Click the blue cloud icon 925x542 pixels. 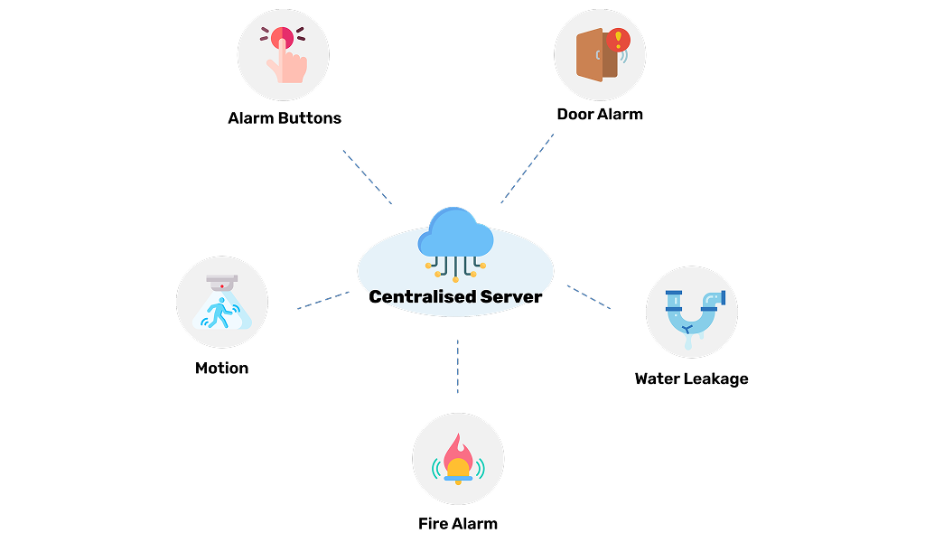coord(455,233)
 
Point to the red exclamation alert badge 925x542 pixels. coord(619,39)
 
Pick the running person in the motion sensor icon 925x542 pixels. coord(218,313)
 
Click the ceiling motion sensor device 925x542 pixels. coord(221,281)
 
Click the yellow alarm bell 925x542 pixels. coord(458,469)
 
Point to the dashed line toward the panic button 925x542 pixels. coord(367,177)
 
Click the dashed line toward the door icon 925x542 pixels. coord(528,169)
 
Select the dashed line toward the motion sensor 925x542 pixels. coord(322,300)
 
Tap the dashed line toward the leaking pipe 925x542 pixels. coord(589,297)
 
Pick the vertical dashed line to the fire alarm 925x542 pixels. coord(457,366)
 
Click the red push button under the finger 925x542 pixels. coord(281,36)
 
